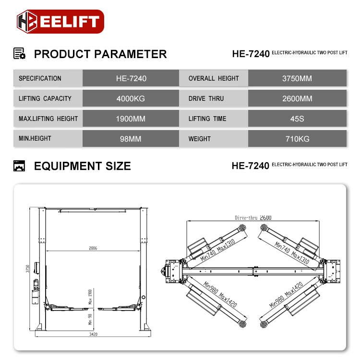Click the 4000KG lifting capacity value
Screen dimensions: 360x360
click(131, 98)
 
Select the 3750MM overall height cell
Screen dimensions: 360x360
click(297, 78)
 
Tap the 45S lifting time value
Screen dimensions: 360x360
click(297, 119)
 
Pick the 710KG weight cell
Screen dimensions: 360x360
click(297, 139)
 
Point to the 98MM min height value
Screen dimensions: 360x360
click(131, 139)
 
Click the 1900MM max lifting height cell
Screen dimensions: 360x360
click(131, 119)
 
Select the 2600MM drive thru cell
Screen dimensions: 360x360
click(297, 98)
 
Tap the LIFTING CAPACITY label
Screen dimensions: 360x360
click(45, 98)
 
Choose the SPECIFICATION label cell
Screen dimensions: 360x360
click(40, 78)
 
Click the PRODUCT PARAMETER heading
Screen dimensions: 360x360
click(100, 54)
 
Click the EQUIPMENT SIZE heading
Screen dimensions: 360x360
click(82, 166)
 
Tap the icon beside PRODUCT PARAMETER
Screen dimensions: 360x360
click(19, 54)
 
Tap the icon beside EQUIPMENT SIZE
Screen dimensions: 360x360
click(19, 166)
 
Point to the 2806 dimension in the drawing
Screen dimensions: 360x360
click(93, 249)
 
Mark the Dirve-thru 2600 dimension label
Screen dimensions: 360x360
click(253, 217)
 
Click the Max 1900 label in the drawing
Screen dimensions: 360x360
click(90, 297)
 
